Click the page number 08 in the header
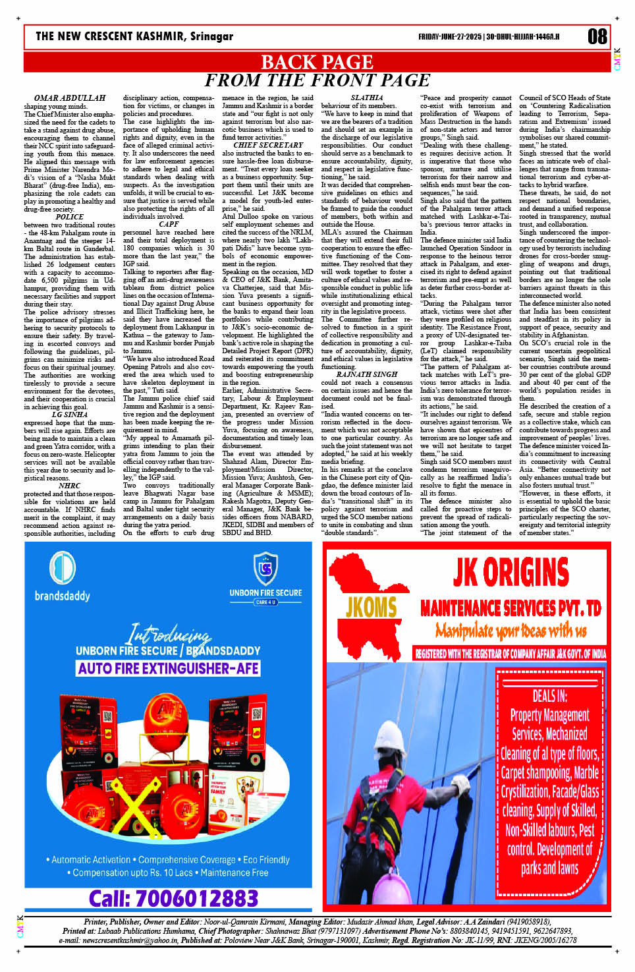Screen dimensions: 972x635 597,36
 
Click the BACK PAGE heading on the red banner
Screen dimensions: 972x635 317,62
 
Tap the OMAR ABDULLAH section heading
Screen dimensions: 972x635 70,98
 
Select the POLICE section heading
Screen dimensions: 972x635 70,217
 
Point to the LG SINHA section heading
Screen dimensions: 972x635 70,415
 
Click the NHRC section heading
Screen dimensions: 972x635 70,486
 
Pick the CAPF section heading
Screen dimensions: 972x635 169,224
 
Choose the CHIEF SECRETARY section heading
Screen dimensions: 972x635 268,145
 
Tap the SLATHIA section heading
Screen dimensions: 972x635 367,98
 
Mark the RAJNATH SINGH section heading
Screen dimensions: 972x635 367,374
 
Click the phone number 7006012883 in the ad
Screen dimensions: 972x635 173,899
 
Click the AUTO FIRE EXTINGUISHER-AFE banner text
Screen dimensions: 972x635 168,668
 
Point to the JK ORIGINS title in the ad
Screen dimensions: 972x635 511,572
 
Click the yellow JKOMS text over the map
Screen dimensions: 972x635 371,608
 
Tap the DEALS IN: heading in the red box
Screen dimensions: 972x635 549,696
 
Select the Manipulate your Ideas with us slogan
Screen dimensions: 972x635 511,631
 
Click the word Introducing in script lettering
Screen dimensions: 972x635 170,634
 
